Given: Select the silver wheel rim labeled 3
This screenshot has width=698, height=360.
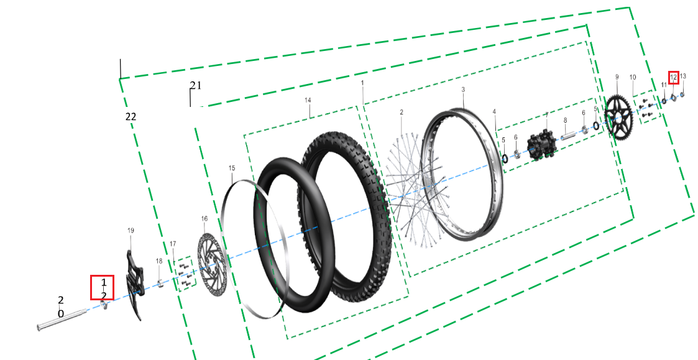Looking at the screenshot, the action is tap(463, 173).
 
